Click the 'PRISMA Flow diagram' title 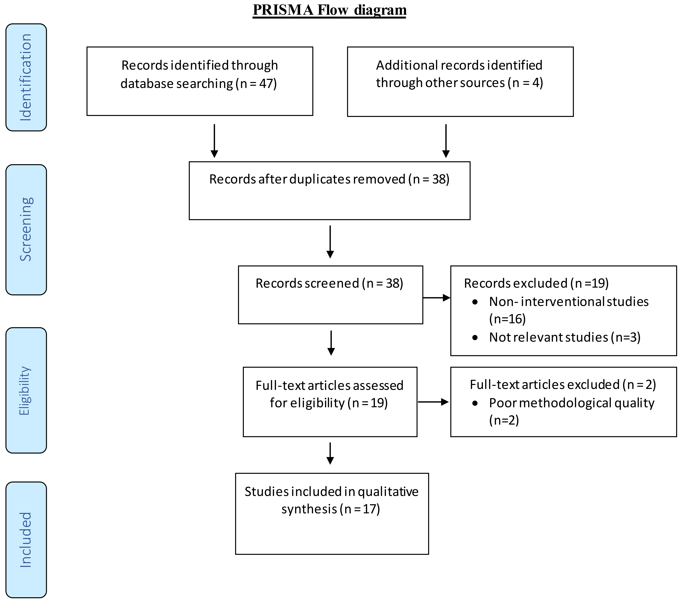[x=330, y=10]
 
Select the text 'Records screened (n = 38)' [x=329, y=283]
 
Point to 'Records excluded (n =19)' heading [x=536, y=283]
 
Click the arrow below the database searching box [x=215, y=141]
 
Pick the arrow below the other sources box [x=446, y=141]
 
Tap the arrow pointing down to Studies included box [x=330, y=453]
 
